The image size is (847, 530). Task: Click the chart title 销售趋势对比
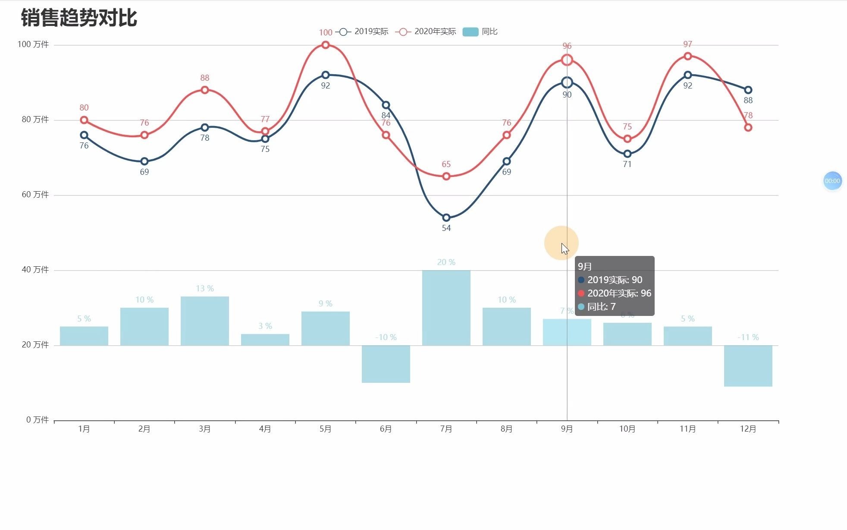(x=79, y=18)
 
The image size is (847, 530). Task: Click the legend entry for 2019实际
(x=362, y=32)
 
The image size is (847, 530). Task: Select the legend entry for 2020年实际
(x=426, y=32)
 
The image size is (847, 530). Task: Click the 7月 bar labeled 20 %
(x=446, y=307)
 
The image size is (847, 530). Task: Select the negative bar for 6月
(x=386, y=364)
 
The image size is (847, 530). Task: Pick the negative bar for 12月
(x=748, y=366)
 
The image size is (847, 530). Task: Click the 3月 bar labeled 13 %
(x=204, y=321)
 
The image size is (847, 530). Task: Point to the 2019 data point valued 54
(x=446, y=218)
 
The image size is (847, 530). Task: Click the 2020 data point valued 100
(x=325, y=45)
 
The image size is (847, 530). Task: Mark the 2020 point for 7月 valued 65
(x=446, y=176)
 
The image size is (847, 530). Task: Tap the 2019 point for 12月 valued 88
(x=748, y=90)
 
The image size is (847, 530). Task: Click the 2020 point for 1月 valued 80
(x=84, y=120)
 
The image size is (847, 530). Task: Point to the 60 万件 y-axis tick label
(x=35, y=195)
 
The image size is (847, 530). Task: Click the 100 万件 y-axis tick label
(x=33, y=44)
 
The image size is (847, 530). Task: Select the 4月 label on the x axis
(x=265, y=429)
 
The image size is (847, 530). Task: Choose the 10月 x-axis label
(x=627, y=429)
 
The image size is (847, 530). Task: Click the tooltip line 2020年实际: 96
(x=619, y=293)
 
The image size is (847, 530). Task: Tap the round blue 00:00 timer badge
(x=832, y=181)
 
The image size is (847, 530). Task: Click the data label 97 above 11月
(x=687, y=44)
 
